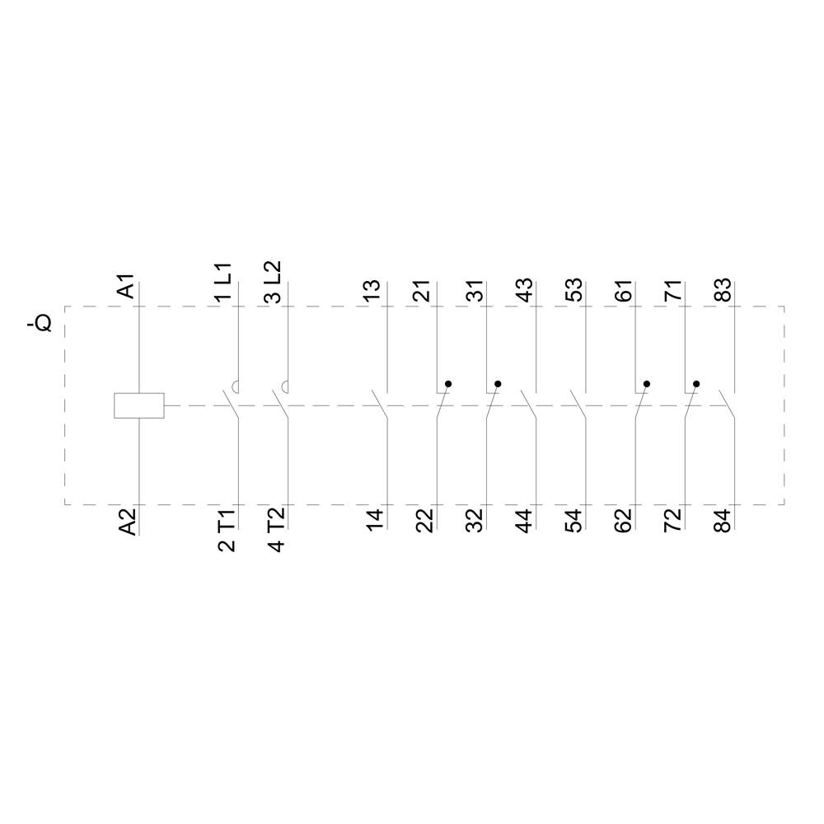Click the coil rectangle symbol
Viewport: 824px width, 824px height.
pos(138,405)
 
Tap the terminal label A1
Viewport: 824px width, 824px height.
pos(126,289)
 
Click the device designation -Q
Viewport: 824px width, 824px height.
pos(39,322)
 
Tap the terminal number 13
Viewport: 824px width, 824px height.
pos(374,290)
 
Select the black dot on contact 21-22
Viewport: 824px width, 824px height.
pos(448,384)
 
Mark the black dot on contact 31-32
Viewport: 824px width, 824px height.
pos(498,384)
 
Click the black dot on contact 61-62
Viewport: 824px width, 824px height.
pos(647,384)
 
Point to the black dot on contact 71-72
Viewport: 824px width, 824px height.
pos(696,384)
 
